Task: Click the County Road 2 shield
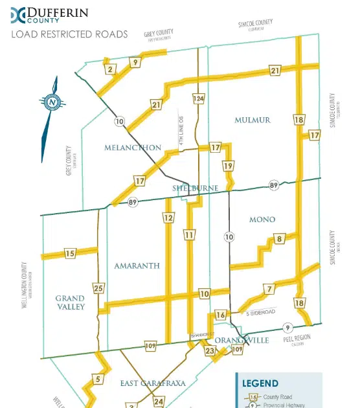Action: pos(110,69)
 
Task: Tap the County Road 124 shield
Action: pos(198,98)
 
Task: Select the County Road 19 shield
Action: pos(228,166)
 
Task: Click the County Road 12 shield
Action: pos(168,218)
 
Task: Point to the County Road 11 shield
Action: pos(189,234)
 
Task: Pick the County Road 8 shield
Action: pos(280,239)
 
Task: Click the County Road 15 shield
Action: pos(71,253)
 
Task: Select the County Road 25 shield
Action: pos(98,288)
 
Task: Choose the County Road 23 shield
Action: pos(209,351)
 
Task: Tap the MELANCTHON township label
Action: pos(132,148)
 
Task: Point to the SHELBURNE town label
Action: pos(194,188)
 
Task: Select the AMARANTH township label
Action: pos(132,266)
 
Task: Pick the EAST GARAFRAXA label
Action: pos(153,383)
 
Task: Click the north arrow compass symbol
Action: pos(51,102)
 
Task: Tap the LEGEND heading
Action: pos(260,383)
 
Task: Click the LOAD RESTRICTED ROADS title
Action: pos(69,33)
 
